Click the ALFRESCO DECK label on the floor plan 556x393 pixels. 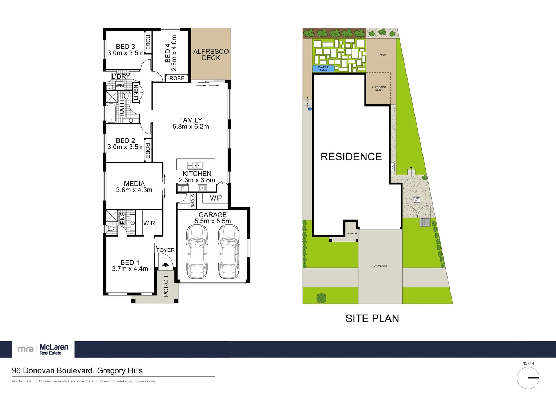click(211, 55)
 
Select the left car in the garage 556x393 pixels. click(197, 251)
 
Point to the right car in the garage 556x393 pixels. click(229, 251)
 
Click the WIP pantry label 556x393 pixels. click(216, 198)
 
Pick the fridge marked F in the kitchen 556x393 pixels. click(183, 188)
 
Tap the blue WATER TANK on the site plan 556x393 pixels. click(323, 68)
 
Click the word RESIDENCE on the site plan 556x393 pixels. click(351, 157)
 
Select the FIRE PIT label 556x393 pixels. click(417, 199)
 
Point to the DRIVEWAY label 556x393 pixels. click(380, 266)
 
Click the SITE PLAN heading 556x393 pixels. click(372, 319)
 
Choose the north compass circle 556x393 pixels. click(528, 378)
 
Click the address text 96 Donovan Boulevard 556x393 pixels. click(77, 370)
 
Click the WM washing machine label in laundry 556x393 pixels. click(120, 86)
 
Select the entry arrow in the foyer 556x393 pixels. click(166, 265)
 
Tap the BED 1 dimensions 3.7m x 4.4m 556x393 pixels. click(130, 269)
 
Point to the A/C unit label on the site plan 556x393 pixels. click(393, 167)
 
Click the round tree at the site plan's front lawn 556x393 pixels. click(321, 298)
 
